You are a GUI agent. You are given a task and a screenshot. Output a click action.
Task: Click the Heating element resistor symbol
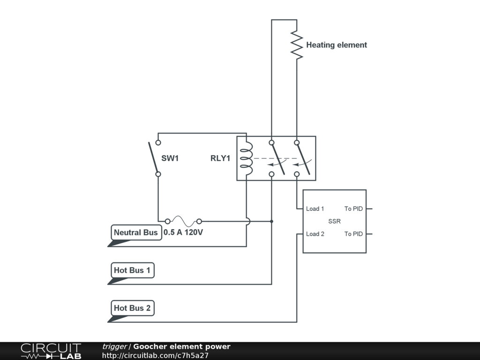297,45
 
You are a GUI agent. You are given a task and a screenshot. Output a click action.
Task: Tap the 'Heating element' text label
337,45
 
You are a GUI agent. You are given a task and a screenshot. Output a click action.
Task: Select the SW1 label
170,158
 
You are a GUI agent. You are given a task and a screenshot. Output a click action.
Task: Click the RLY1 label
220,158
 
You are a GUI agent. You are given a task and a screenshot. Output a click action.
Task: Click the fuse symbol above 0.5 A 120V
183,221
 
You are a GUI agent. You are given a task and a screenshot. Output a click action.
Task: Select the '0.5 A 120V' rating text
183,232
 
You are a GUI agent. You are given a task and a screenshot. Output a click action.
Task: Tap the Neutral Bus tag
135,232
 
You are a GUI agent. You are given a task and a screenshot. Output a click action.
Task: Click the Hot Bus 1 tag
132,270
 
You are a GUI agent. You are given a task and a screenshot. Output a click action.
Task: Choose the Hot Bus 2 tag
132,308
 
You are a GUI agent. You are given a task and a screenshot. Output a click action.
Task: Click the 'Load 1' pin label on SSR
315,209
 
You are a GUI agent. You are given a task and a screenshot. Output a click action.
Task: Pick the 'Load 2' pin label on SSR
315,234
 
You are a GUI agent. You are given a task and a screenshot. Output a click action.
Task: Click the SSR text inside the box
334,221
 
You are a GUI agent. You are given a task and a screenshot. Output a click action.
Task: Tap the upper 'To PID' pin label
353,209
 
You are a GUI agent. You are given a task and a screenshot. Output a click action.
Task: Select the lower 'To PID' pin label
353,234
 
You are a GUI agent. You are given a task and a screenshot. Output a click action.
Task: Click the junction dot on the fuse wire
271,221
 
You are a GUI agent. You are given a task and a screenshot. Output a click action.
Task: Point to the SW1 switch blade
153,157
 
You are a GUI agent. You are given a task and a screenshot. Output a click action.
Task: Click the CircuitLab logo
51,351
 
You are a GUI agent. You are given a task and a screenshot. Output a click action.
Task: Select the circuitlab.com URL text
155,355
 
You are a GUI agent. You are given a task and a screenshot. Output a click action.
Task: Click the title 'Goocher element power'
182,346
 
